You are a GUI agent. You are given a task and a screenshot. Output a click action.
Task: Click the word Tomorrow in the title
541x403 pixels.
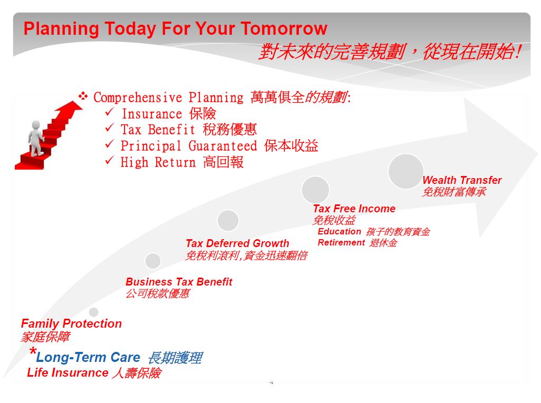coord(284,28)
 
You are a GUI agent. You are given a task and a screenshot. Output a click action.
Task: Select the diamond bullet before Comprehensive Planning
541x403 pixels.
coord(83,95)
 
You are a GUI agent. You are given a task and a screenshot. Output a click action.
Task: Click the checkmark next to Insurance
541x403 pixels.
coord(110,112)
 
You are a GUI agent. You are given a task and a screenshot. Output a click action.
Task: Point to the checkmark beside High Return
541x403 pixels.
coord(110,160)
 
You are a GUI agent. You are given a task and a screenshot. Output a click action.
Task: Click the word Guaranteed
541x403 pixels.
coord(223,146)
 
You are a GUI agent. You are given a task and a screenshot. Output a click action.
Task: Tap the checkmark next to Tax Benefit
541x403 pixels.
coord(110,127)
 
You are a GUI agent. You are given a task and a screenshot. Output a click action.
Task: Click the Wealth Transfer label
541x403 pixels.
coord(462,180)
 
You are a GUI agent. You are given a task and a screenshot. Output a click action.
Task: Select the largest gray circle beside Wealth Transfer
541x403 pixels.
coord(406,171)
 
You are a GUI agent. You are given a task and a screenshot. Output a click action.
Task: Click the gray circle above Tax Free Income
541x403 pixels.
coord(315,190)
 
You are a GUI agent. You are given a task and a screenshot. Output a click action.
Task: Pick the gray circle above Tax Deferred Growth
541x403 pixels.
coord(228,220)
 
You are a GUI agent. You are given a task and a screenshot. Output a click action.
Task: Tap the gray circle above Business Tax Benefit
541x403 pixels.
coord(153,261)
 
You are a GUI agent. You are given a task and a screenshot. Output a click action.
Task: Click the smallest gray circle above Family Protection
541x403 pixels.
coord(93,312)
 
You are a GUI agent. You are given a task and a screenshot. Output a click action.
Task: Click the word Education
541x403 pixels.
coord(340,231)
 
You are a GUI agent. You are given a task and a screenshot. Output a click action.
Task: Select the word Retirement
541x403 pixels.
coord(341,242)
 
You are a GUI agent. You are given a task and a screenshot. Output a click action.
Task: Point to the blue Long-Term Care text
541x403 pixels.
coord(89,358)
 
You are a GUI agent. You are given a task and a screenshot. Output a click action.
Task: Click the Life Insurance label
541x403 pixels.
coord(67,372)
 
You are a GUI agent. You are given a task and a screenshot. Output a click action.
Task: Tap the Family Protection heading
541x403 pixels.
coord(71,323)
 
